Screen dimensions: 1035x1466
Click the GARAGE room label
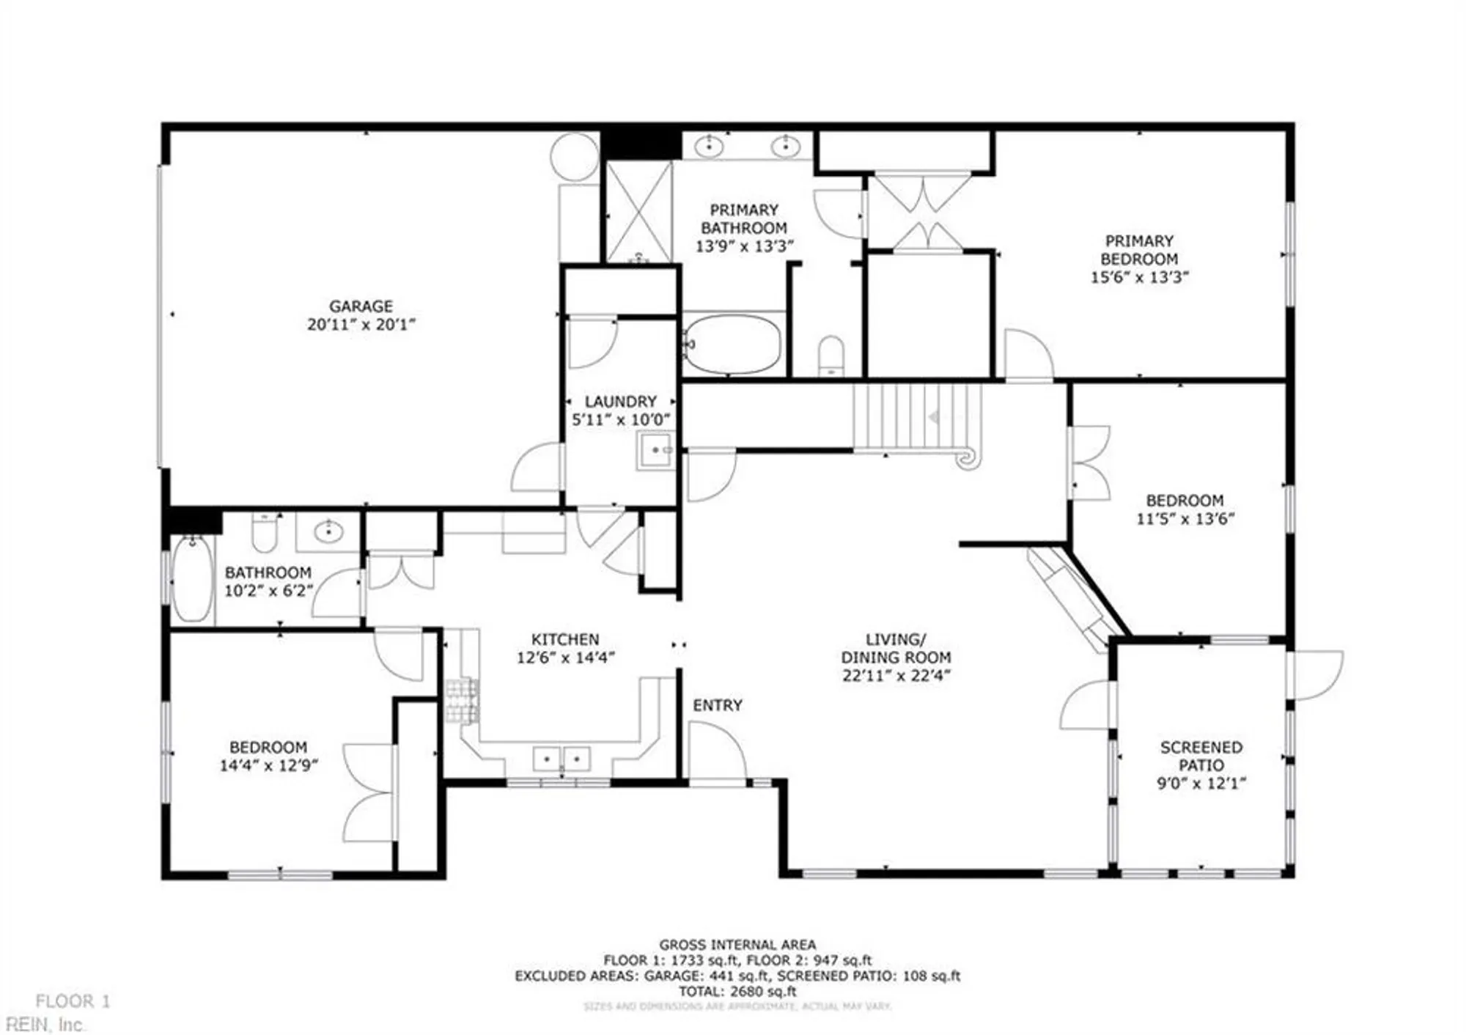click(x=361, y=306)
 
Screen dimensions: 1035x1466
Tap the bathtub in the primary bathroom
click(x=732, y=345)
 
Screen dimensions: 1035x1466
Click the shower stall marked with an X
click(x=638, y=213)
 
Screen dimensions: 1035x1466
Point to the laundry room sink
click(x=655, y=450)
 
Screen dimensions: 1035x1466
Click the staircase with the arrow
click(x=916, y=417)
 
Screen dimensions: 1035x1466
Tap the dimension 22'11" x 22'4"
click(x=896, y=676)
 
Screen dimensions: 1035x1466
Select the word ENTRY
click(x=717, y=705)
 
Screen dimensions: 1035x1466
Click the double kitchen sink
click(x=561, y=759)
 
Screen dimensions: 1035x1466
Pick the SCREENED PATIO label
click(x=1201, y=756)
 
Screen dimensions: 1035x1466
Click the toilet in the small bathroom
click(x=264, y=532)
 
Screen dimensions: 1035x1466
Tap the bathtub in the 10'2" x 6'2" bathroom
click(x=192, y=579)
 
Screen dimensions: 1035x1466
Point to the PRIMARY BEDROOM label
click(x=1138, y=250)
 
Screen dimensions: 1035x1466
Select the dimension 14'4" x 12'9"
click(x=268, y=766)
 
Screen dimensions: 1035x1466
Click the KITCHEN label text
click(x=564, y=639)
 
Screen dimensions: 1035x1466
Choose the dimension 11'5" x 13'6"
click(x=1185, y=519)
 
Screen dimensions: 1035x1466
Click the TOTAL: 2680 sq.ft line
click(x=737, y=992)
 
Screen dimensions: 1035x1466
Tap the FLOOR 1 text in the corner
click(x=73, y=1001)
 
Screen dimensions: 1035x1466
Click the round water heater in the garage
click(x=575, y=156)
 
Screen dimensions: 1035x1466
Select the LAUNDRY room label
click(x=620, y=402)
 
